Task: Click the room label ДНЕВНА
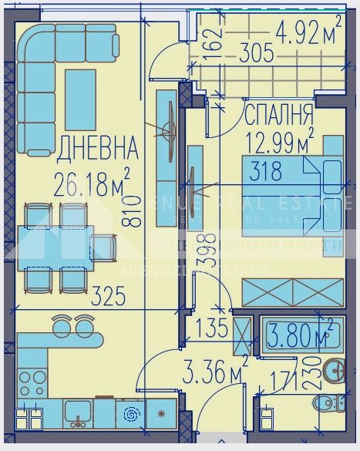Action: (x=97, y=146)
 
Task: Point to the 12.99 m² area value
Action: (x=279, y=141)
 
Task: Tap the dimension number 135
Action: (x=212, y=328)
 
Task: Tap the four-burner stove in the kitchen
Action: (x=32, y=382)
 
